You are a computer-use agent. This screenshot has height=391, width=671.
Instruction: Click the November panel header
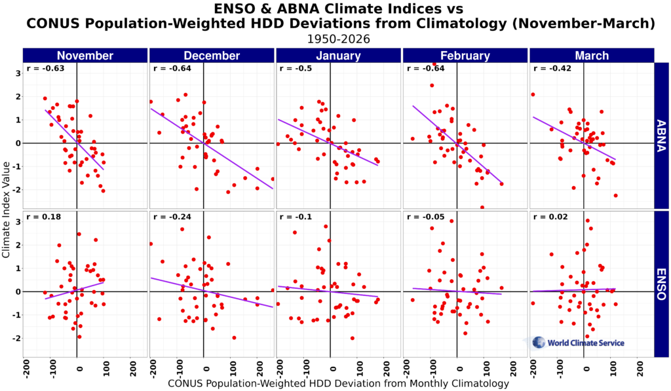(x=85, y=56)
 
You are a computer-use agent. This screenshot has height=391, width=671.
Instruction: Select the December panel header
(x=212, y=56)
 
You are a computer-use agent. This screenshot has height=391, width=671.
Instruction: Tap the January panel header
(x=338, y=56)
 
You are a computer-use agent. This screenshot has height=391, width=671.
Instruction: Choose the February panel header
(x=465, y=56)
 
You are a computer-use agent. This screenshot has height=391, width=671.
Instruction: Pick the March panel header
(x=591, y=56)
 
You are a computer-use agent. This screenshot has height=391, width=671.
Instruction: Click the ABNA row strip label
(x=661, y=136)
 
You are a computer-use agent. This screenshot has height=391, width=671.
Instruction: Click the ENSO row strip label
(x=661, y=284)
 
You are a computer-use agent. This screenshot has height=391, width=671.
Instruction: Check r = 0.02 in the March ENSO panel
(x=545, y=217)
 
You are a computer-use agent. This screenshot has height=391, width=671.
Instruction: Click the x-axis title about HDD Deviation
(x=338, y=383)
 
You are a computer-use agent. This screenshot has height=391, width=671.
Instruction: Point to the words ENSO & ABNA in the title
(x=269, y=9)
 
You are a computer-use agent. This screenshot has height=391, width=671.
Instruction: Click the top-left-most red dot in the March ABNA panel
(x=533, y=94)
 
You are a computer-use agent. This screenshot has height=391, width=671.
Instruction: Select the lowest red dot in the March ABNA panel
(x=616, y=195)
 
